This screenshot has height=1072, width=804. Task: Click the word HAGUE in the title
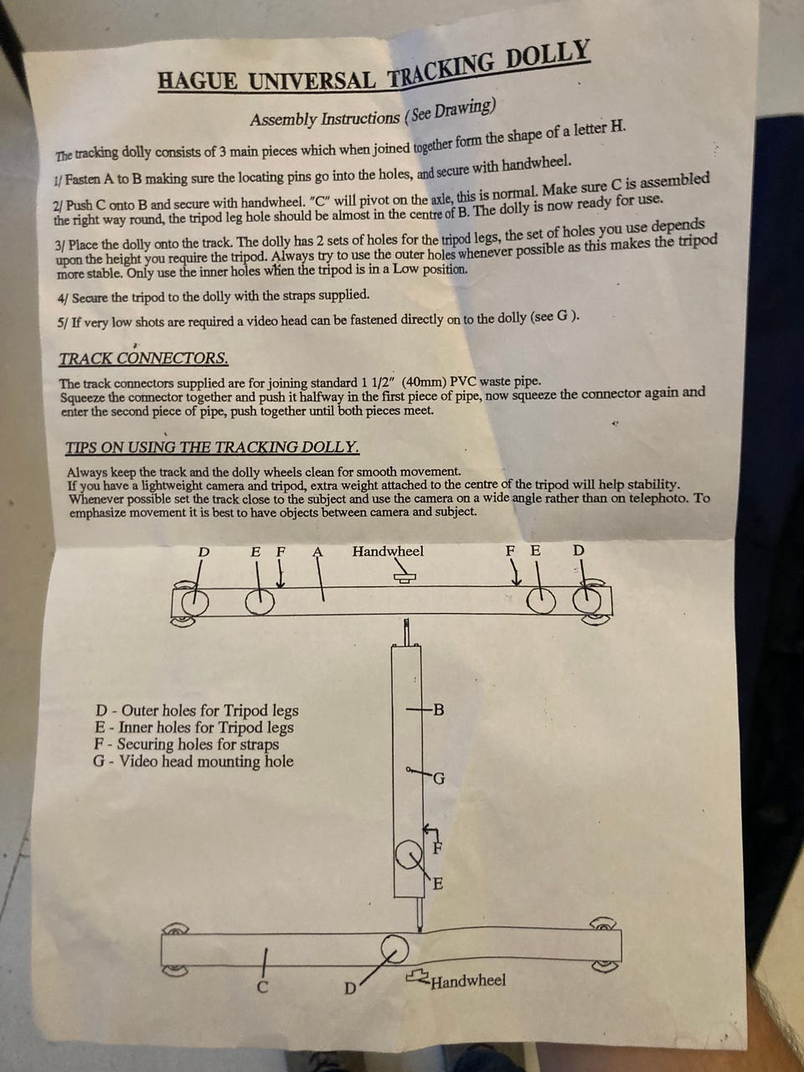(198, 80)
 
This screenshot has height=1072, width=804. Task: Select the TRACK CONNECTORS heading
(143, 358)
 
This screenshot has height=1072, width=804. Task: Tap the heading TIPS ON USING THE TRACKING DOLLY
(213, 447)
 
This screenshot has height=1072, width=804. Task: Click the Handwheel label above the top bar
(388, 551)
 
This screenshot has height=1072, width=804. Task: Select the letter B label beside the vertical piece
(438, 709)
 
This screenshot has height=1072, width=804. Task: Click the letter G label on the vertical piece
(439, 779)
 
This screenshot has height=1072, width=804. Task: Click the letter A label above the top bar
(317, 551)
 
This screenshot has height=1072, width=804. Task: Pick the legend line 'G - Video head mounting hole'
(193, 761)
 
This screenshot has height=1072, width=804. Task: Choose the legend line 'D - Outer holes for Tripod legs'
(197, 710)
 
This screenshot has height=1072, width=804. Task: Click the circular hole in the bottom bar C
(394, 949)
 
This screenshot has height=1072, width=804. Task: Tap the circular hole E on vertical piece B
(409, 855)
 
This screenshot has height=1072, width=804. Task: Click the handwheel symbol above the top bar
(405, 577)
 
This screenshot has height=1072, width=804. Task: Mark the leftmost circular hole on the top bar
(195, 601)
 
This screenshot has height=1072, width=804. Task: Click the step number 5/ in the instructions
(63, 323)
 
